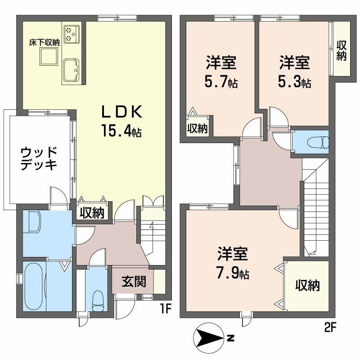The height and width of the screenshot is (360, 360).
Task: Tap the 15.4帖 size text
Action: point(121,130)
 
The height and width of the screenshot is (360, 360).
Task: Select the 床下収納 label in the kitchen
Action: point(44,42)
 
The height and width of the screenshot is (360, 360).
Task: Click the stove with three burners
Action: point(72,34)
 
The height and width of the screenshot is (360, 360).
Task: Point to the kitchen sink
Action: point(71,71)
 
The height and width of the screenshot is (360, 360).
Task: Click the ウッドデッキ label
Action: point(39,158)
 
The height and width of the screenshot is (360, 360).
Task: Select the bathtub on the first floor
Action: point(35,287)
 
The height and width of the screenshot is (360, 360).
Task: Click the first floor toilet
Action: point(98,301)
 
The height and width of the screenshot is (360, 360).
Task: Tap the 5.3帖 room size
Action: point(295,81)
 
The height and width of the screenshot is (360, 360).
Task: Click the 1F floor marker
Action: point(166,310)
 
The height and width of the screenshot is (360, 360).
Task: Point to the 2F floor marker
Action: point(330,328)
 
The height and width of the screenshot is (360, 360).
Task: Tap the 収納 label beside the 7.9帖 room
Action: point(307,286)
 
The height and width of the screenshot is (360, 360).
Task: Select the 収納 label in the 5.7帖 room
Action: point(198,128)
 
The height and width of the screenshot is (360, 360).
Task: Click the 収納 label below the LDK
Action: point(92,213)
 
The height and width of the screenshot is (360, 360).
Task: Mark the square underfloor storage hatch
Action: point(49,56)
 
